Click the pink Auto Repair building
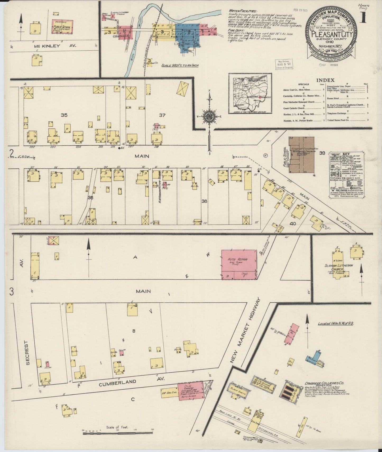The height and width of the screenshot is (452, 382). click(239, 264)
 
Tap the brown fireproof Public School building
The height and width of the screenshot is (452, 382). click(301, 155)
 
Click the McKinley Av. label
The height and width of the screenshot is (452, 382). click(55, 46)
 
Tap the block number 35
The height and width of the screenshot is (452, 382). click(64, 115)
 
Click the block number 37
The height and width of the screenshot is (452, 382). click(162, 115)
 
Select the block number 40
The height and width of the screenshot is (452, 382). click(293, 224)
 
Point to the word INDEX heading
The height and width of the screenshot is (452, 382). click(325, 80)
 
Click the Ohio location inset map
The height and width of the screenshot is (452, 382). click(250, 93)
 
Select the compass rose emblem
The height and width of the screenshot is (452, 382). click(210, 117)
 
